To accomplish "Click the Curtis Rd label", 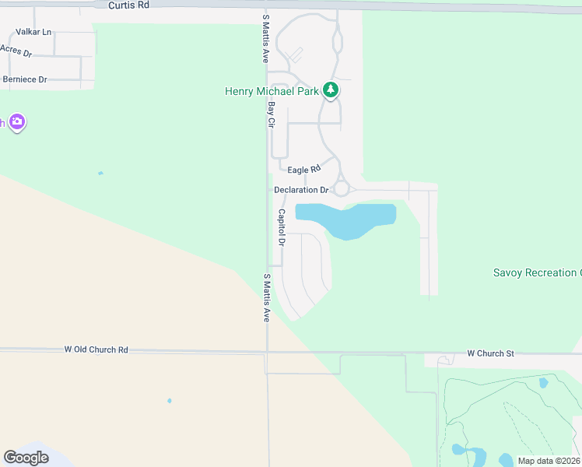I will [128, 5].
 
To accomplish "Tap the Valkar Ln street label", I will [33, 32].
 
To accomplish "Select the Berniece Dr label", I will [25, 79].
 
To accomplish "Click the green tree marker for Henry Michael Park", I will [331, 91].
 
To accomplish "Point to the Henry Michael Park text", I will [272, 91].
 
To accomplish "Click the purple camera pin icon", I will [17, 122].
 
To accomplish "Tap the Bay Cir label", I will [272, 114].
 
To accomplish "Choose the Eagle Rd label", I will [303, 170].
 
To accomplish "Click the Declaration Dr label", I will [301, 190].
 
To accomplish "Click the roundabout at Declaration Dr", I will [341, 189].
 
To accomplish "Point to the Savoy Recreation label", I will [537, 272].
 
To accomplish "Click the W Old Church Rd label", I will [96, 350].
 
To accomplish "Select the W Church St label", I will [490, 353].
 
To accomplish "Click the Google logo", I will [26, 458].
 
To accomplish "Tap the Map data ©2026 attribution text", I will [549, 461].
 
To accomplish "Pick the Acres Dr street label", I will [16, 51].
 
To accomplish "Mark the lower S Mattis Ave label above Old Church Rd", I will [265, 297].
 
